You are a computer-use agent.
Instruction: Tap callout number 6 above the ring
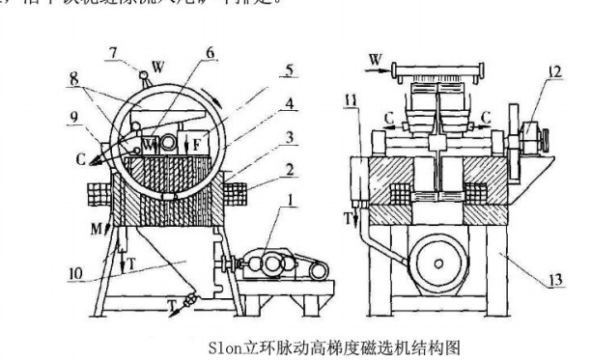208,54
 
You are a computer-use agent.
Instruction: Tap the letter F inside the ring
196,144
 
